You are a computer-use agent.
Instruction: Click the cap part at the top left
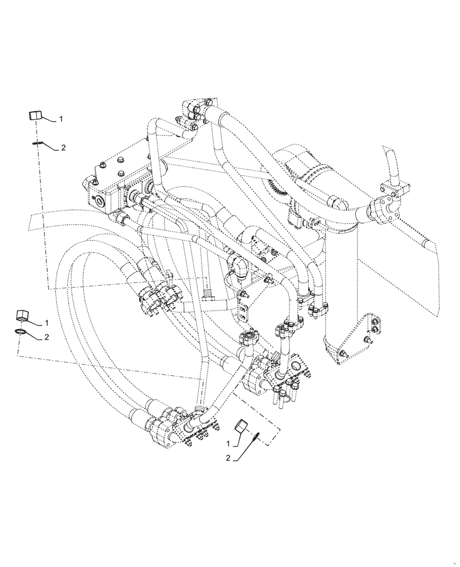coord(35,116)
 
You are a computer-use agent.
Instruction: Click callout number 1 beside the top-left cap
coord(61,119)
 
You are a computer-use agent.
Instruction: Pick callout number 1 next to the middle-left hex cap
coord(46,323)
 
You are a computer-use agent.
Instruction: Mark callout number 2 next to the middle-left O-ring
coord(47,337)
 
